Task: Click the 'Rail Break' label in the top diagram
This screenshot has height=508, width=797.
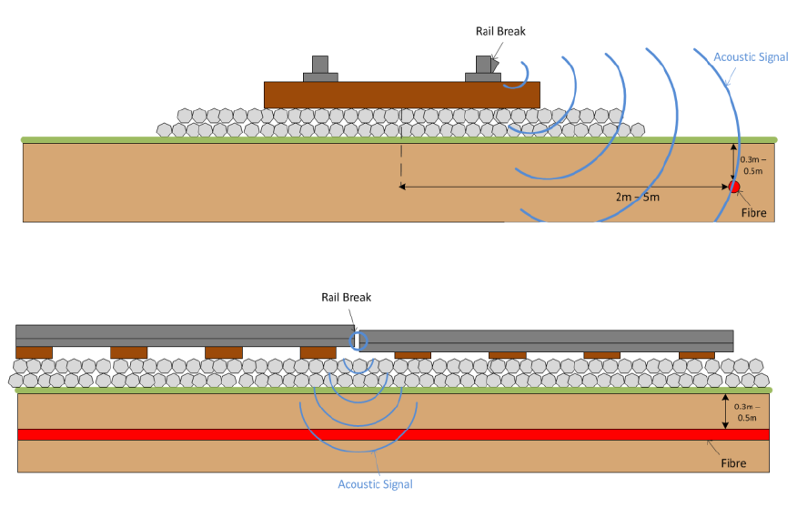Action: (x=500, y=31)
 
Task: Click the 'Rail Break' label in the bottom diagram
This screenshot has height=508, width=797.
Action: (x=347, y=297)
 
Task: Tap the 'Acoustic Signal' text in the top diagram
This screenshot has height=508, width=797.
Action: (x=751, y=56)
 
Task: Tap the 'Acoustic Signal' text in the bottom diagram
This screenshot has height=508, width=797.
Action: (x=375, y=484)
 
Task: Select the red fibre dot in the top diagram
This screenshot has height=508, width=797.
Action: (x=734, y=188)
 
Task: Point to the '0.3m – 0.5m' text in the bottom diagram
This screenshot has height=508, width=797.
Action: (x=746, y=411)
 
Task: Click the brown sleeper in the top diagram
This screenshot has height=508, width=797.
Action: (x=401, y=94)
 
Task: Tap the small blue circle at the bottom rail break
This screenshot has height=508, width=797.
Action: (x=358, y=341)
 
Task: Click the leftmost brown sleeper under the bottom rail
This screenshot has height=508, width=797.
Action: (x=35, y=351)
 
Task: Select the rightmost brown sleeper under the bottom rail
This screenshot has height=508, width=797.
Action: (x=697, y=354)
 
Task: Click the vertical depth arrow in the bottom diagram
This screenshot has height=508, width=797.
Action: (x=724, y=411)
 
